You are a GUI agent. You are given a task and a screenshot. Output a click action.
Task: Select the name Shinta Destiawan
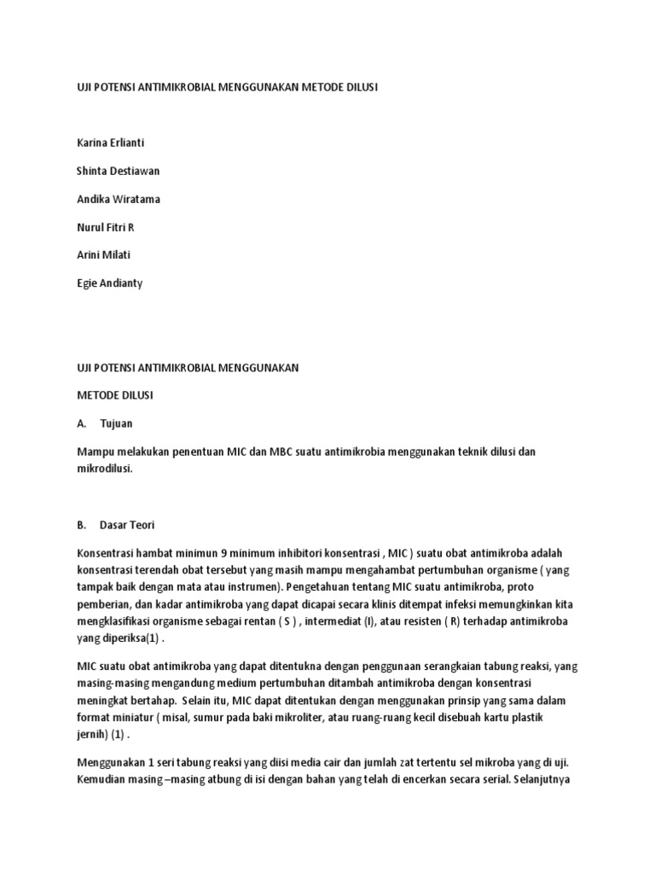tap(119, 171)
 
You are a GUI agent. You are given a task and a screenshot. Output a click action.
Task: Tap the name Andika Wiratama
tap(119, 199)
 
